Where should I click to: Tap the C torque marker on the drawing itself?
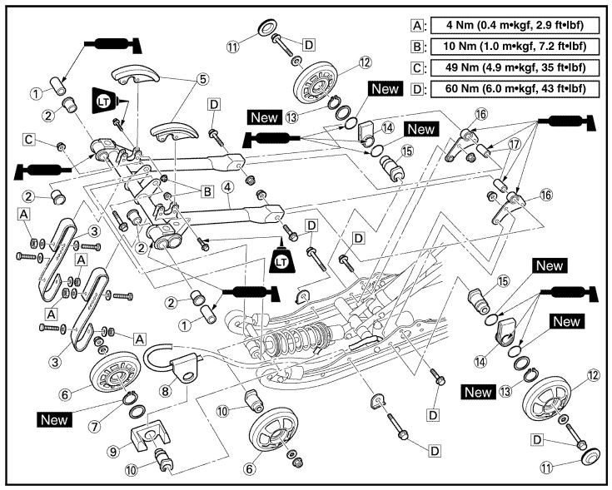(x=52, y=138)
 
